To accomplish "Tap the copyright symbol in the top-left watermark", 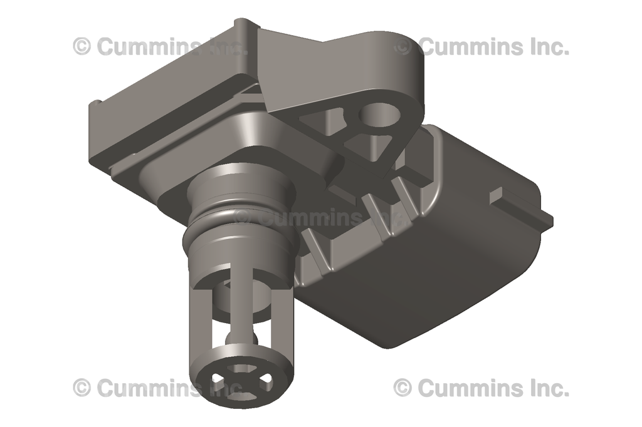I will point(82,46).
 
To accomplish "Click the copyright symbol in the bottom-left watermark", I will point(82,388).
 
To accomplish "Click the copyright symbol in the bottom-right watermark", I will point(403,388).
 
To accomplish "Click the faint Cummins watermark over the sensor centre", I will point(307,219).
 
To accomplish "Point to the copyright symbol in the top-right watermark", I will point(403,46).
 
